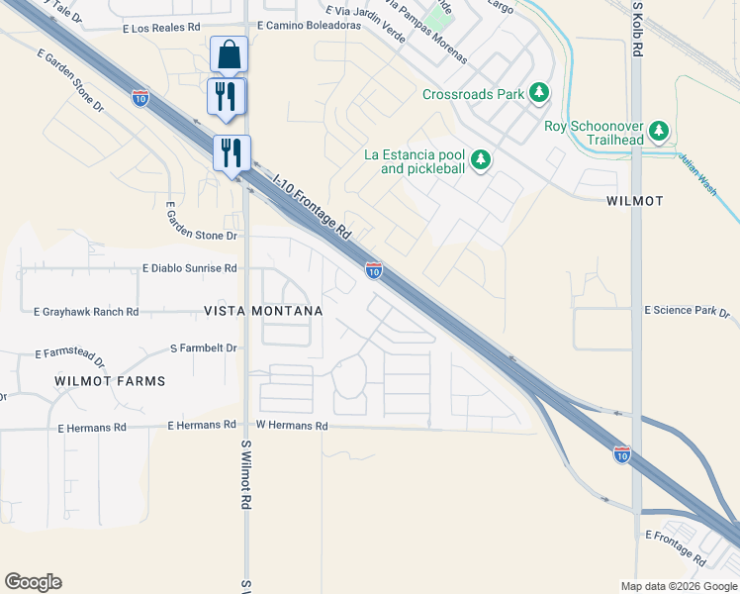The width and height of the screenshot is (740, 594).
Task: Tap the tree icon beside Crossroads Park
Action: pyautogui.click(x=538, y=94)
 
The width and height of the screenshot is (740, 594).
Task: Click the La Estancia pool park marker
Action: pyautogui.click(x=480, y=159)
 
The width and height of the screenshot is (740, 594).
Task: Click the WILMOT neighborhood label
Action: pyautogui.click(x=634, y=201)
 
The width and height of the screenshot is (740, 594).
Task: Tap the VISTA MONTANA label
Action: pyautogui.click(x=263, y=311)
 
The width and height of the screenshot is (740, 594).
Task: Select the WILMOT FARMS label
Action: pyautogui.click(x=110, y=381)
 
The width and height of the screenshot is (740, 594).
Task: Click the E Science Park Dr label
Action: pyautogui.click(x=686, y=311)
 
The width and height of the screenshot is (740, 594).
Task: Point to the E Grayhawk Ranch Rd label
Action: pyautogui.click(x=85, y=312)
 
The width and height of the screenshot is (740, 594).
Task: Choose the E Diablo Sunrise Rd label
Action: pyautogui.click(x=190, y=268)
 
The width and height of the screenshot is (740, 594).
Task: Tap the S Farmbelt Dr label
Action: pyautogui.click(x=204, y=348)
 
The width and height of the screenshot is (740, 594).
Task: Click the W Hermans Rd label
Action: pyautogui.click(x=292, y=426)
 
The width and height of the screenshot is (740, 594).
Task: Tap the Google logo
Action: pyautogui.click(x=33, y=582)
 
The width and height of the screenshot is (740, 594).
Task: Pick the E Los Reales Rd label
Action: pyautogui.click(x=161, y=29)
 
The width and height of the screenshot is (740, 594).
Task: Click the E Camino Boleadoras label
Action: pyautogui.click(x=309, y=27)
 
